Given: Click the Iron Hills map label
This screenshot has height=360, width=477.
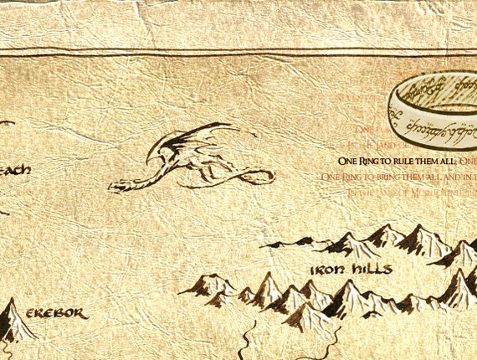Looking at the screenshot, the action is [351, 270].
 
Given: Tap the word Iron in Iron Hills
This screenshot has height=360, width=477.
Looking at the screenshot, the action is [326, 270].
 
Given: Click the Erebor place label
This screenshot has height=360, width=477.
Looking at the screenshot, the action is [56, 313].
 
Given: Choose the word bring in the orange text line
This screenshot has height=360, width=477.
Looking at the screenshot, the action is [384, 177].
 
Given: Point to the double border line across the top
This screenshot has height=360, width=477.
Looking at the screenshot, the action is [238, 54].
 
